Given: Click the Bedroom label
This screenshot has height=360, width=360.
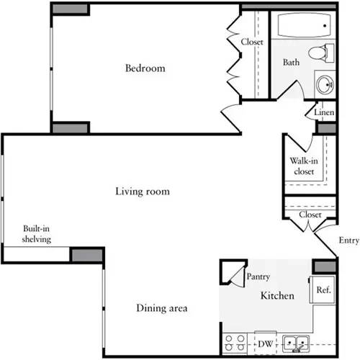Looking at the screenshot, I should coord(145,69).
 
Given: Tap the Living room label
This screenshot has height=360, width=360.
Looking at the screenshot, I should coord(143,192).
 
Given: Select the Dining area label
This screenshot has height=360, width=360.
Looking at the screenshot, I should coord(162,309).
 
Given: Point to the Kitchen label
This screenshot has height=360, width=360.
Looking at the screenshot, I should coord(276,296).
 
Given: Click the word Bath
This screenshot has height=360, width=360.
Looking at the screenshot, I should coord(291,63).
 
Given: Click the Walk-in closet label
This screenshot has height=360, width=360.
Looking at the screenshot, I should coord(302,166).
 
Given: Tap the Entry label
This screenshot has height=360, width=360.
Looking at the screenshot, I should coord(348,241).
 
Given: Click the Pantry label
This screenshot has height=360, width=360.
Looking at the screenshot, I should coord(258,276).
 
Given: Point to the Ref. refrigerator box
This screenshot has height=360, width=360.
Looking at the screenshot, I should coord(323,290).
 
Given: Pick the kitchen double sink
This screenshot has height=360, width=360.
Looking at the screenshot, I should coord(296,343).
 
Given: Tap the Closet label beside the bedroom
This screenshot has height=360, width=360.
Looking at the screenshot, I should coord(252,42).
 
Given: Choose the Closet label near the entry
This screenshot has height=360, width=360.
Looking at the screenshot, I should coord(310,215).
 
